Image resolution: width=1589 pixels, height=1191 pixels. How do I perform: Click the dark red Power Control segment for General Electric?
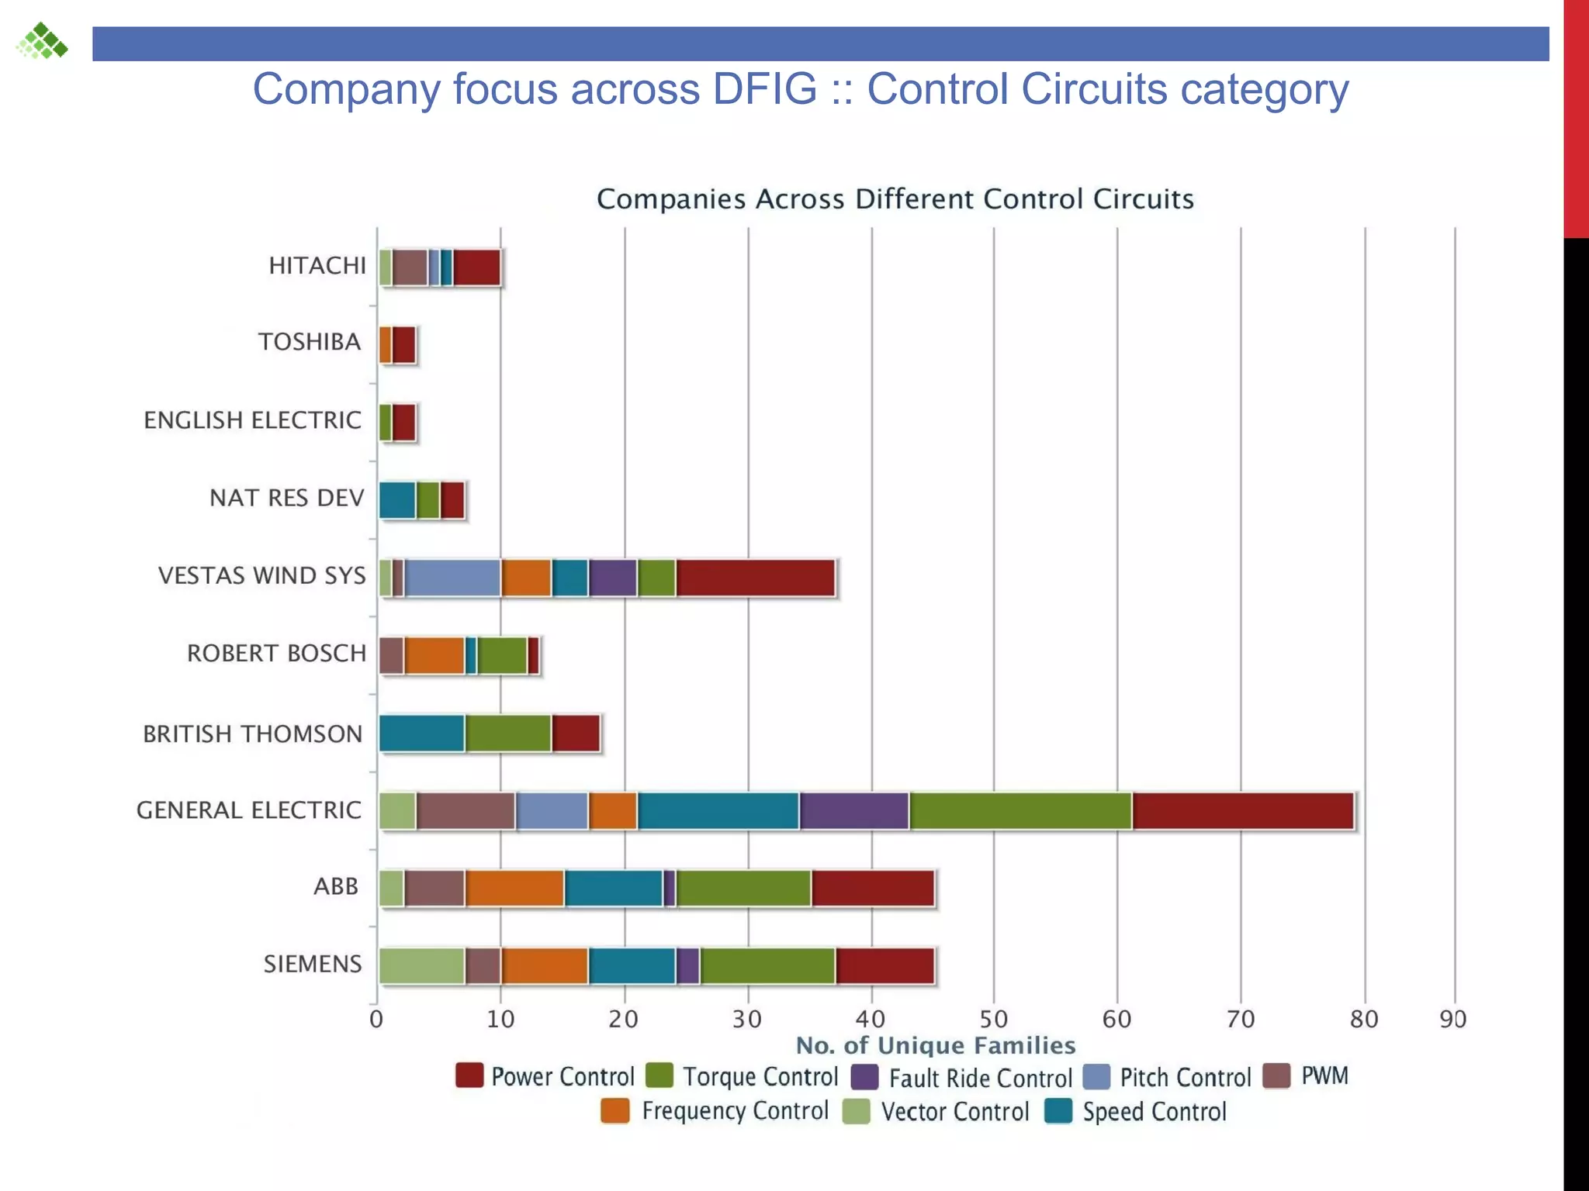[1243, 811]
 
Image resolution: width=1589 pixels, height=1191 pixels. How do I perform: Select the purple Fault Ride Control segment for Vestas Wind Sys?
[613, 578]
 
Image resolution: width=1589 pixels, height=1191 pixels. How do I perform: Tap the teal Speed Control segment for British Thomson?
[422, 734]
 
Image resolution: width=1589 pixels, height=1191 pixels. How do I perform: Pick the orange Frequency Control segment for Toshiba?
[385, 345]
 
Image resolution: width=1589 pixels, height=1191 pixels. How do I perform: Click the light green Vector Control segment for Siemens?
[422, 966]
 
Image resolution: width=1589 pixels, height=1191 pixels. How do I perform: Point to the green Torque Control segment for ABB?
[743, 889]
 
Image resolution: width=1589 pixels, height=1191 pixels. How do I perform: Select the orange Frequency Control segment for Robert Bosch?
[434, 656]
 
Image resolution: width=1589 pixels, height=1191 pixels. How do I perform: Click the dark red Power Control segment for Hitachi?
[476, 268]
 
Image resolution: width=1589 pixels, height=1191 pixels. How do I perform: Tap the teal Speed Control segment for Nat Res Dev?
[397, 500]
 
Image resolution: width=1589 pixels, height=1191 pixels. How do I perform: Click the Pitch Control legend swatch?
[1096, 1077]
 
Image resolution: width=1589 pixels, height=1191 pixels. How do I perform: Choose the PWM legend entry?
[1324, 1076]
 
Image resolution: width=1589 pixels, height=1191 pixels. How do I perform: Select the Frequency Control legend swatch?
[615, 1111]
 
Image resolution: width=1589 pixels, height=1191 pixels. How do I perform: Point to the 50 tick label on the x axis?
[994, 1019]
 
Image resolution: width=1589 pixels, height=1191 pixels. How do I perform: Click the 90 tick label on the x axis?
[1453, 1019]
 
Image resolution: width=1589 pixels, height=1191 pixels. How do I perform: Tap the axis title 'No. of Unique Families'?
[936, 1045]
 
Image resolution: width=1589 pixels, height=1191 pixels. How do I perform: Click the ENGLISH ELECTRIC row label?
[253, 420]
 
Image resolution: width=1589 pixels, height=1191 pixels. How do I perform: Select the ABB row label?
[336, 886]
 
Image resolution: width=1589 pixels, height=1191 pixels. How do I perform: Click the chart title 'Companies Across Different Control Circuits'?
[895, 199]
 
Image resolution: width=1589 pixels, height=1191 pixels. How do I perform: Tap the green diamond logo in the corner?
[43, 41]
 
